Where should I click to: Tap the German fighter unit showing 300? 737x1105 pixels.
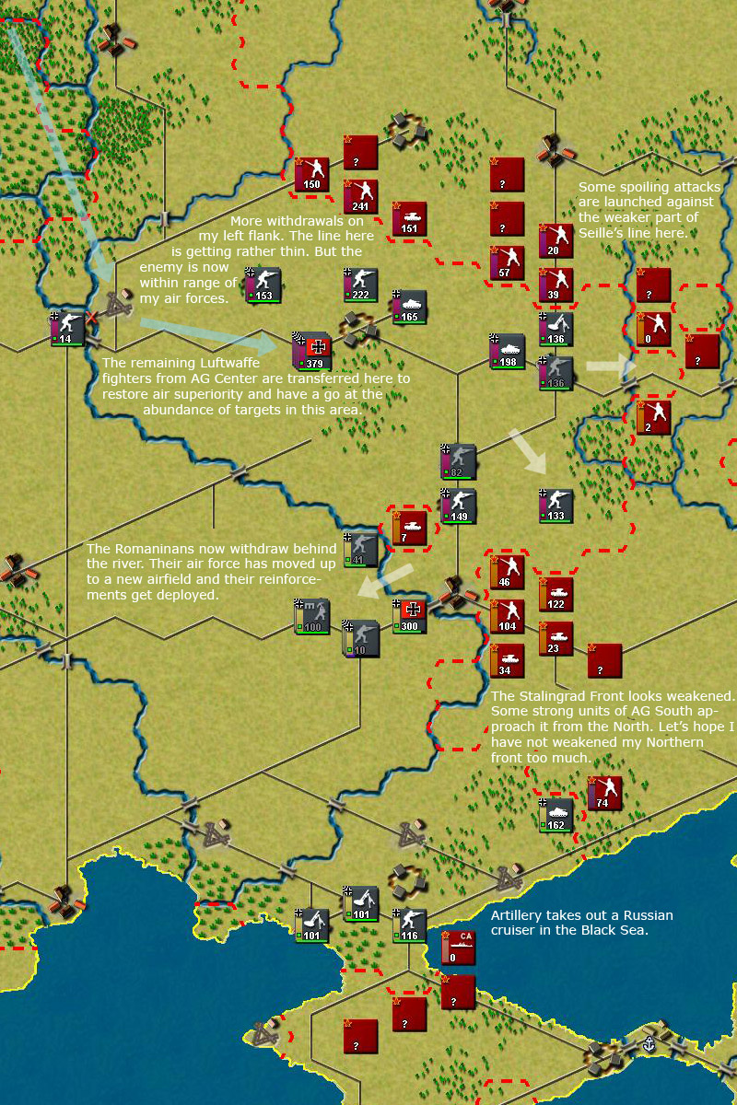coord(410,615)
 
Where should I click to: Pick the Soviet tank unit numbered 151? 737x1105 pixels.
coord(409,218)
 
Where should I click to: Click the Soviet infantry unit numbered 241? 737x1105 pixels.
coord(360,196)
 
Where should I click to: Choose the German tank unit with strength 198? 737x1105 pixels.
coord(507,351)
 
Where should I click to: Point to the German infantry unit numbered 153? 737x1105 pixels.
coord(263,285)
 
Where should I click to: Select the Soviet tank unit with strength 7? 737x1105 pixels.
coord(409,528)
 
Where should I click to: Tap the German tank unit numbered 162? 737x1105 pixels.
coord(556,815)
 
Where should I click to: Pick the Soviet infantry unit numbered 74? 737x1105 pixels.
coord(604,793)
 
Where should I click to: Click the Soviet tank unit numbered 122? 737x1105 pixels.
coord(556,594)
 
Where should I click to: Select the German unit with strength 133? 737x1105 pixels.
coord(556,506)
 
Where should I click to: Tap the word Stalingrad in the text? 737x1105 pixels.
coord(552,696)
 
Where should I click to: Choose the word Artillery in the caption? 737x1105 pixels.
coord(517,915)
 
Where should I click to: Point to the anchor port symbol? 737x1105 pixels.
coord(649,1045)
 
